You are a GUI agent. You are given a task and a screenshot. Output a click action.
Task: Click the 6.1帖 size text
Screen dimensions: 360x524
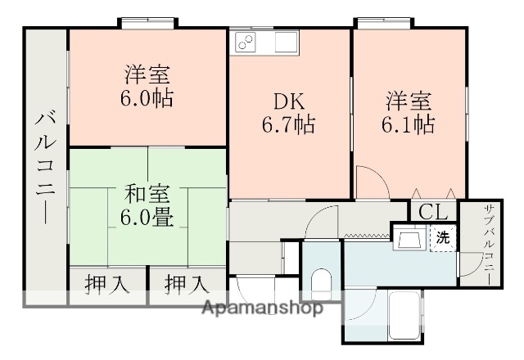(x=409, y=125)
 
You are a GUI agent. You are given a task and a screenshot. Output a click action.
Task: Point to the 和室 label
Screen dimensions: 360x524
(x=147, y=194)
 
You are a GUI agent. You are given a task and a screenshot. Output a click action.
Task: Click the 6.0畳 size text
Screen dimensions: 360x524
(x=147, y=218)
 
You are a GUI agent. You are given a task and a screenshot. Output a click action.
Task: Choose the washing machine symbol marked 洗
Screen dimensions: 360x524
(x=442, y=238)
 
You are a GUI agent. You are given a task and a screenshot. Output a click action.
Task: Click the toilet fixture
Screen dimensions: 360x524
(x=321, y=282)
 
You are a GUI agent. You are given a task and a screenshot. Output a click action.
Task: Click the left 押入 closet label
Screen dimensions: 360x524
(x=107, y=286)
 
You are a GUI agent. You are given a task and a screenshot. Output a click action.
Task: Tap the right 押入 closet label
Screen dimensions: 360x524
(x=186, y=286)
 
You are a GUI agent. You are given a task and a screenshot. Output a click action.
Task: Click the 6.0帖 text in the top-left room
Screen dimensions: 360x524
(x=147, y=98)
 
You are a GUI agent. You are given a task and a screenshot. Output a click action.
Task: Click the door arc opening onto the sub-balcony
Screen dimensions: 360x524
(x=468, y=266)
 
